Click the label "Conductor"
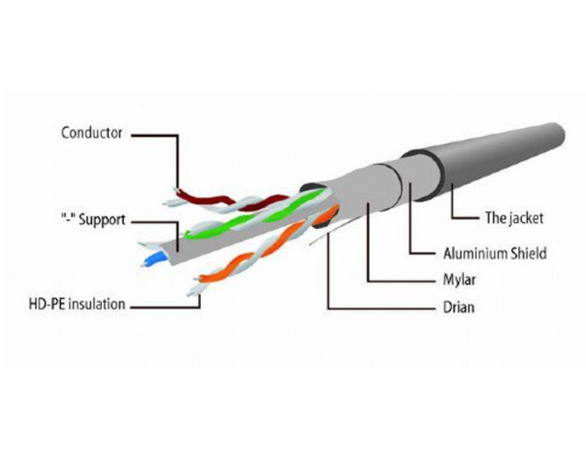(92, 133)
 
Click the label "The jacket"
(514, 218)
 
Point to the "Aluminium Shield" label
(494, 253)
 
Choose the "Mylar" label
(460, 281)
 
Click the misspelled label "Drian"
(458, 307)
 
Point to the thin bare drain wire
(318, 239)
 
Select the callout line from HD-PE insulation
(166, 307)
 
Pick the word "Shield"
(526, 253)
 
